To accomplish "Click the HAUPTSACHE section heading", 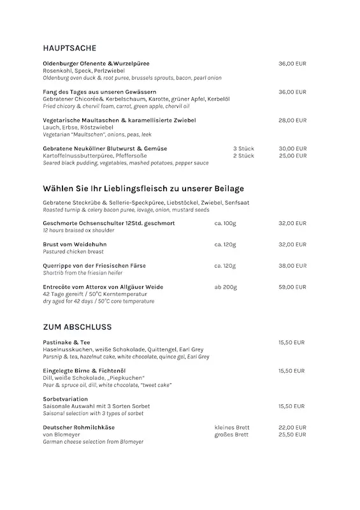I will click(69, 48).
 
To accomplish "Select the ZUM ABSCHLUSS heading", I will click(77, 327).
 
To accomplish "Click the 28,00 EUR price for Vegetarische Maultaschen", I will click(292, 120).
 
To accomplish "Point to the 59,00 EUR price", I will click(292, 288).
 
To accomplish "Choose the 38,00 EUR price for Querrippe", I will click(292, 266).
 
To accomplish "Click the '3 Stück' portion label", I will click(243, 149).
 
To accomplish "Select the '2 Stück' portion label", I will click(243, 156).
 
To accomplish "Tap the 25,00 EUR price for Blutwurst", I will click(292, 156).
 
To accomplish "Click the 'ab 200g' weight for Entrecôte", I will click(226, 288).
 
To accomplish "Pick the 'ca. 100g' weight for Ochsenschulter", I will click(225, 224).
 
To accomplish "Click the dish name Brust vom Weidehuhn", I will click(75, 245).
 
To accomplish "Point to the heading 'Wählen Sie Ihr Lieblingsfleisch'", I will click(143, 189).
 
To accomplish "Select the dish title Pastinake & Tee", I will click(66, 342).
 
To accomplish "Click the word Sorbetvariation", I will click(65, 399).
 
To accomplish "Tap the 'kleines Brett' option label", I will click(232, 427).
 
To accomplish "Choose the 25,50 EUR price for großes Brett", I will click(292, 434).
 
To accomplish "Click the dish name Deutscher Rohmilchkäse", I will click(82, 427).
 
